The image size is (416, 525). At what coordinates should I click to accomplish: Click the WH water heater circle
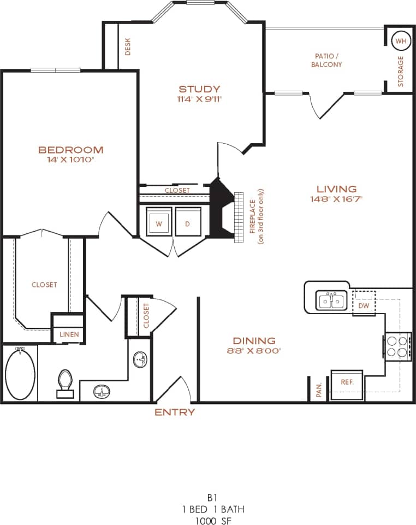tap(401, 41)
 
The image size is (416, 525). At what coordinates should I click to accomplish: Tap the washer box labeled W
tap(159, 221)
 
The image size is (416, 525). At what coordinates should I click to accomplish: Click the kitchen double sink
tap(332, 300)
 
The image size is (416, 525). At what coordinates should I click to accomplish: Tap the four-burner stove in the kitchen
tap(398, 346)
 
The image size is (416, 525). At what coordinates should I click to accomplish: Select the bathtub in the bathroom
tap(20, 374)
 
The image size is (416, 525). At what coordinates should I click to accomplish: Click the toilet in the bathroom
tap(65, 382)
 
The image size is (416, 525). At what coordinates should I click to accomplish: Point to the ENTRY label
tap(175, 412)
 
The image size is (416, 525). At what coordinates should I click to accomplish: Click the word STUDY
tap(199, 89)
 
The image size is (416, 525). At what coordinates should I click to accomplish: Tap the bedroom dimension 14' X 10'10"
tap(70, 160)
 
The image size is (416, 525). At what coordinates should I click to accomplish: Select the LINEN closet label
tap(69, 334)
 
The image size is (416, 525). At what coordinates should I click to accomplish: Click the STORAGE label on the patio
tap(401, 72)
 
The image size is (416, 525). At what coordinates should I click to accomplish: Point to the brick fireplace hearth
tap(238, 217)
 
